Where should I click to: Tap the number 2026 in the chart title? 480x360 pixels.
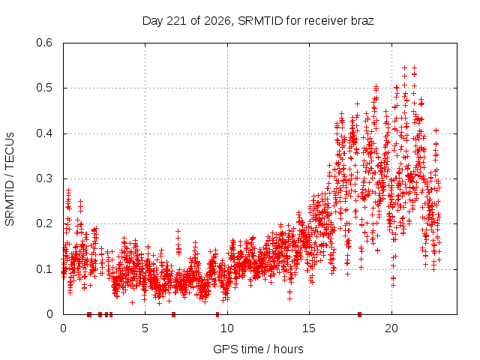click(217, 21)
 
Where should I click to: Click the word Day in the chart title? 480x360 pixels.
click(152, 21)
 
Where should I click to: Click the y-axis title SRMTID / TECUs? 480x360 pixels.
click(10, 179)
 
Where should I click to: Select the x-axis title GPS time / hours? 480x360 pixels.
click(258, 349)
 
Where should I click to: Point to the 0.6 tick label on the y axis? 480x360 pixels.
click(44, 43)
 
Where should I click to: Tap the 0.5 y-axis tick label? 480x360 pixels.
click(44, 88)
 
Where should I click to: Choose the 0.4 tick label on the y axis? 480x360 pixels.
click(44, 133)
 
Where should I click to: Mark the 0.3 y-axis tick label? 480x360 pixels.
click(44, 178)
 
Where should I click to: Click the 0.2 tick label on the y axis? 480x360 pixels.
click(44, 223)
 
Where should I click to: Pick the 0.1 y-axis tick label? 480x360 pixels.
click(44, 269)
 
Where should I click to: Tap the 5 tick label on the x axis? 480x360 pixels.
click(145, 328)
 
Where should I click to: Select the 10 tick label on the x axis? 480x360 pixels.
click(226, 328)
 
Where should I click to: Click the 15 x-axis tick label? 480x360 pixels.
click(309, 328)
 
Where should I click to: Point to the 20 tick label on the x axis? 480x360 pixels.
click(391, 328)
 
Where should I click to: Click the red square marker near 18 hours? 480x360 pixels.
click(360, 314)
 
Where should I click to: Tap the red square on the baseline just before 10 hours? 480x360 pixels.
click(217, 314)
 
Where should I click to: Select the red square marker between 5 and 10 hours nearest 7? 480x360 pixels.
click(173, 314)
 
